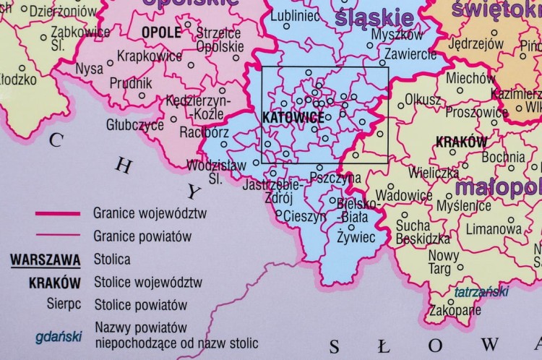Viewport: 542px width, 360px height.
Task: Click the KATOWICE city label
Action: (x=283, y=116)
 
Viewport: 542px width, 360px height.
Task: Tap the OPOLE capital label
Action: (x=161, y=33)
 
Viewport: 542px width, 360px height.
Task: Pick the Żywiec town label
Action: (x=356, y=236)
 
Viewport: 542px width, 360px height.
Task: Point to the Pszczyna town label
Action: (x=335, y=177)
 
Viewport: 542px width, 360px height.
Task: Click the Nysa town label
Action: (x=89, y=70)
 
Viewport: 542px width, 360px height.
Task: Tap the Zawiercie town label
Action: (x=410, y=55)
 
